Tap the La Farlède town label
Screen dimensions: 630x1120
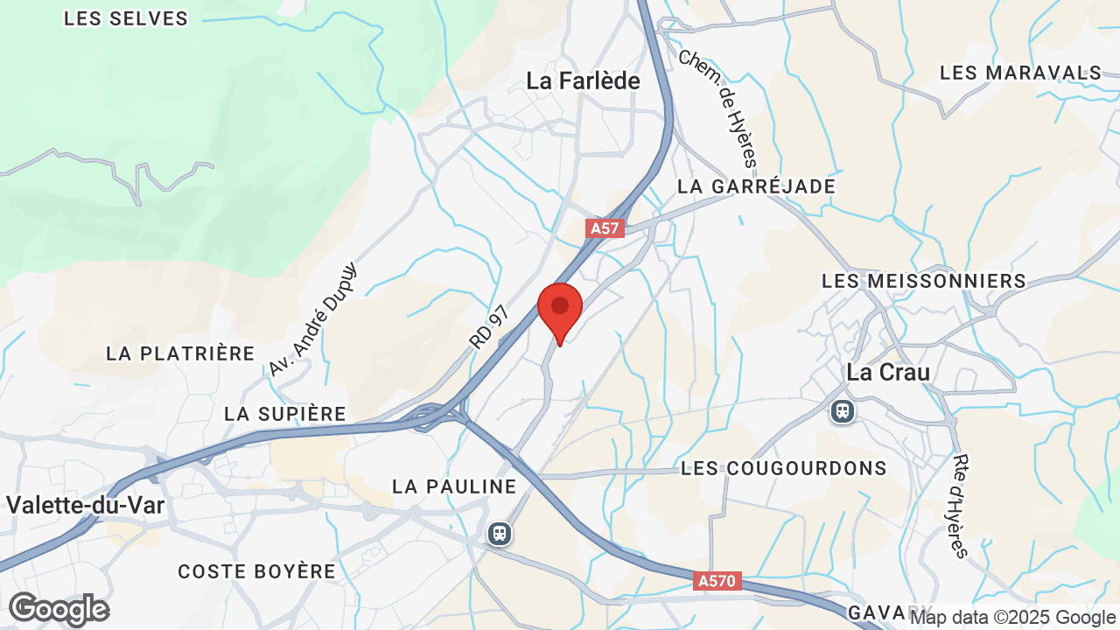(x=583, y=81)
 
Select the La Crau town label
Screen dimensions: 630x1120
(x=888, y=372)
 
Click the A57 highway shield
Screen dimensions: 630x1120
(x=605, y=228)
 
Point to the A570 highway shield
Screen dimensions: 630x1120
(x=718, y=580)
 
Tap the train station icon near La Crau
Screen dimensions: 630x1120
(x=843, y=410)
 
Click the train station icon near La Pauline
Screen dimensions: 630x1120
(x=499, y=533)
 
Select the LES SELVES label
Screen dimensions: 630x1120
(x=126, y=18)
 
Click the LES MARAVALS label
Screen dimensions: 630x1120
(x=1020, y=73)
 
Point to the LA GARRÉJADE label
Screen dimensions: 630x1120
(x=757, y=186)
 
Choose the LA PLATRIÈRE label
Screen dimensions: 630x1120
(x=180, y=353)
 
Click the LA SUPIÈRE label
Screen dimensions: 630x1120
(x=285, y=414)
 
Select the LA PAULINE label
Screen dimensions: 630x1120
(x=454, y=486)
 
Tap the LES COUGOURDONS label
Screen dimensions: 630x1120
(x=784, y=468)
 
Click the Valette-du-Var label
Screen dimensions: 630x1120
(x=86, y=505)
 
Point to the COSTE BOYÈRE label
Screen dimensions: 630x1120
(x=256, y=571)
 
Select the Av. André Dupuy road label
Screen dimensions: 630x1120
(x=312, y=319)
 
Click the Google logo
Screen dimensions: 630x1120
(x=59, y=609)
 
